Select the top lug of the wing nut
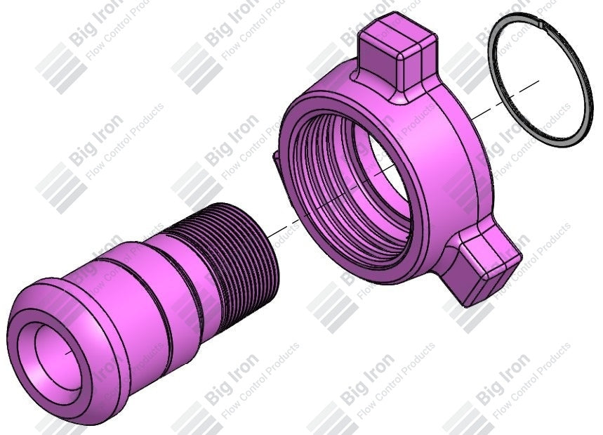pyautogui.click(x=395, y=56)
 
